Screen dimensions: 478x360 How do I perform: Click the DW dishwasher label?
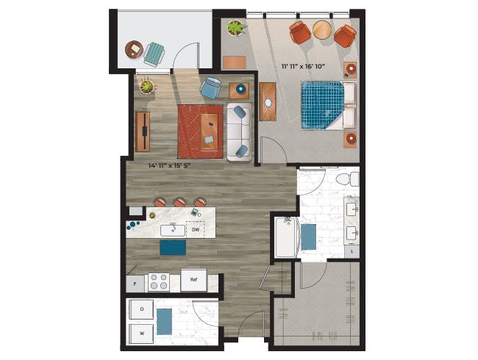tap(196, 230)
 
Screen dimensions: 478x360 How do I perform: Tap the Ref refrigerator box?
tap(193, 280)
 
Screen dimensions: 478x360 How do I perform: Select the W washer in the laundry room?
tap(141, 334)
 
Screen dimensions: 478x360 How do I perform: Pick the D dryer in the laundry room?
tap(141, 309)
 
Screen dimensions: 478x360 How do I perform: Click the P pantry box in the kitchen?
tap(135, 284)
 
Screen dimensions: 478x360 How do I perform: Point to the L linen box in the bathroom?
tap(352, 251)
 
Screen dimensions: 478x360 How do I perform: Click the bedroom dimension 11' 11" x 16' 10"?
tap(302, 66)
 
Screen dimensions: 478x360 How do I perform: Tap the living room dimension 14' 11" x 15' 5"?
tap(169, 166)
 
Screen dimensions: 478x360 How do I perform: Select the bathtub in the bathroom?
tap(285, 237)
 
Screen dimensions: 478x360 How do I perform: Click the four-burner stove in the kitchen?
tap(159, 281)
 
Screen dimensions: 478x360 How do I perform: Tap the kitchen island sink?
tap(173, 230)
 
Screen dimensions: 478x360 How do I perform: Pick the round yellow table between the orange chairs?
tap(322, 29)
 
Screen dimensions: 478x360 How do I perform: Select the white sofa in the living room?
tap(239, 132)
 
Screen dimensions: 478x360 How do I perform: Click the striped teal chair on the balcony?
tap(154, 54)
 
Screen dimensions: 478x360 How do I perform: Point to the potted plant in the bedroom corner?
tap(235, 28)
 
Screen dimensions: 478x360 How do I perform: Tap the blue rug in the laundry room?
tap(164, 322)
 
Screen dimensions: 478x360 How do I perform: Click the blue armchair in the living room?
tap(210, 87)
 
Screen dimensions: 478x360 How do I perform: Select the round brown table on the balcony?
tap(134, 49)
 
